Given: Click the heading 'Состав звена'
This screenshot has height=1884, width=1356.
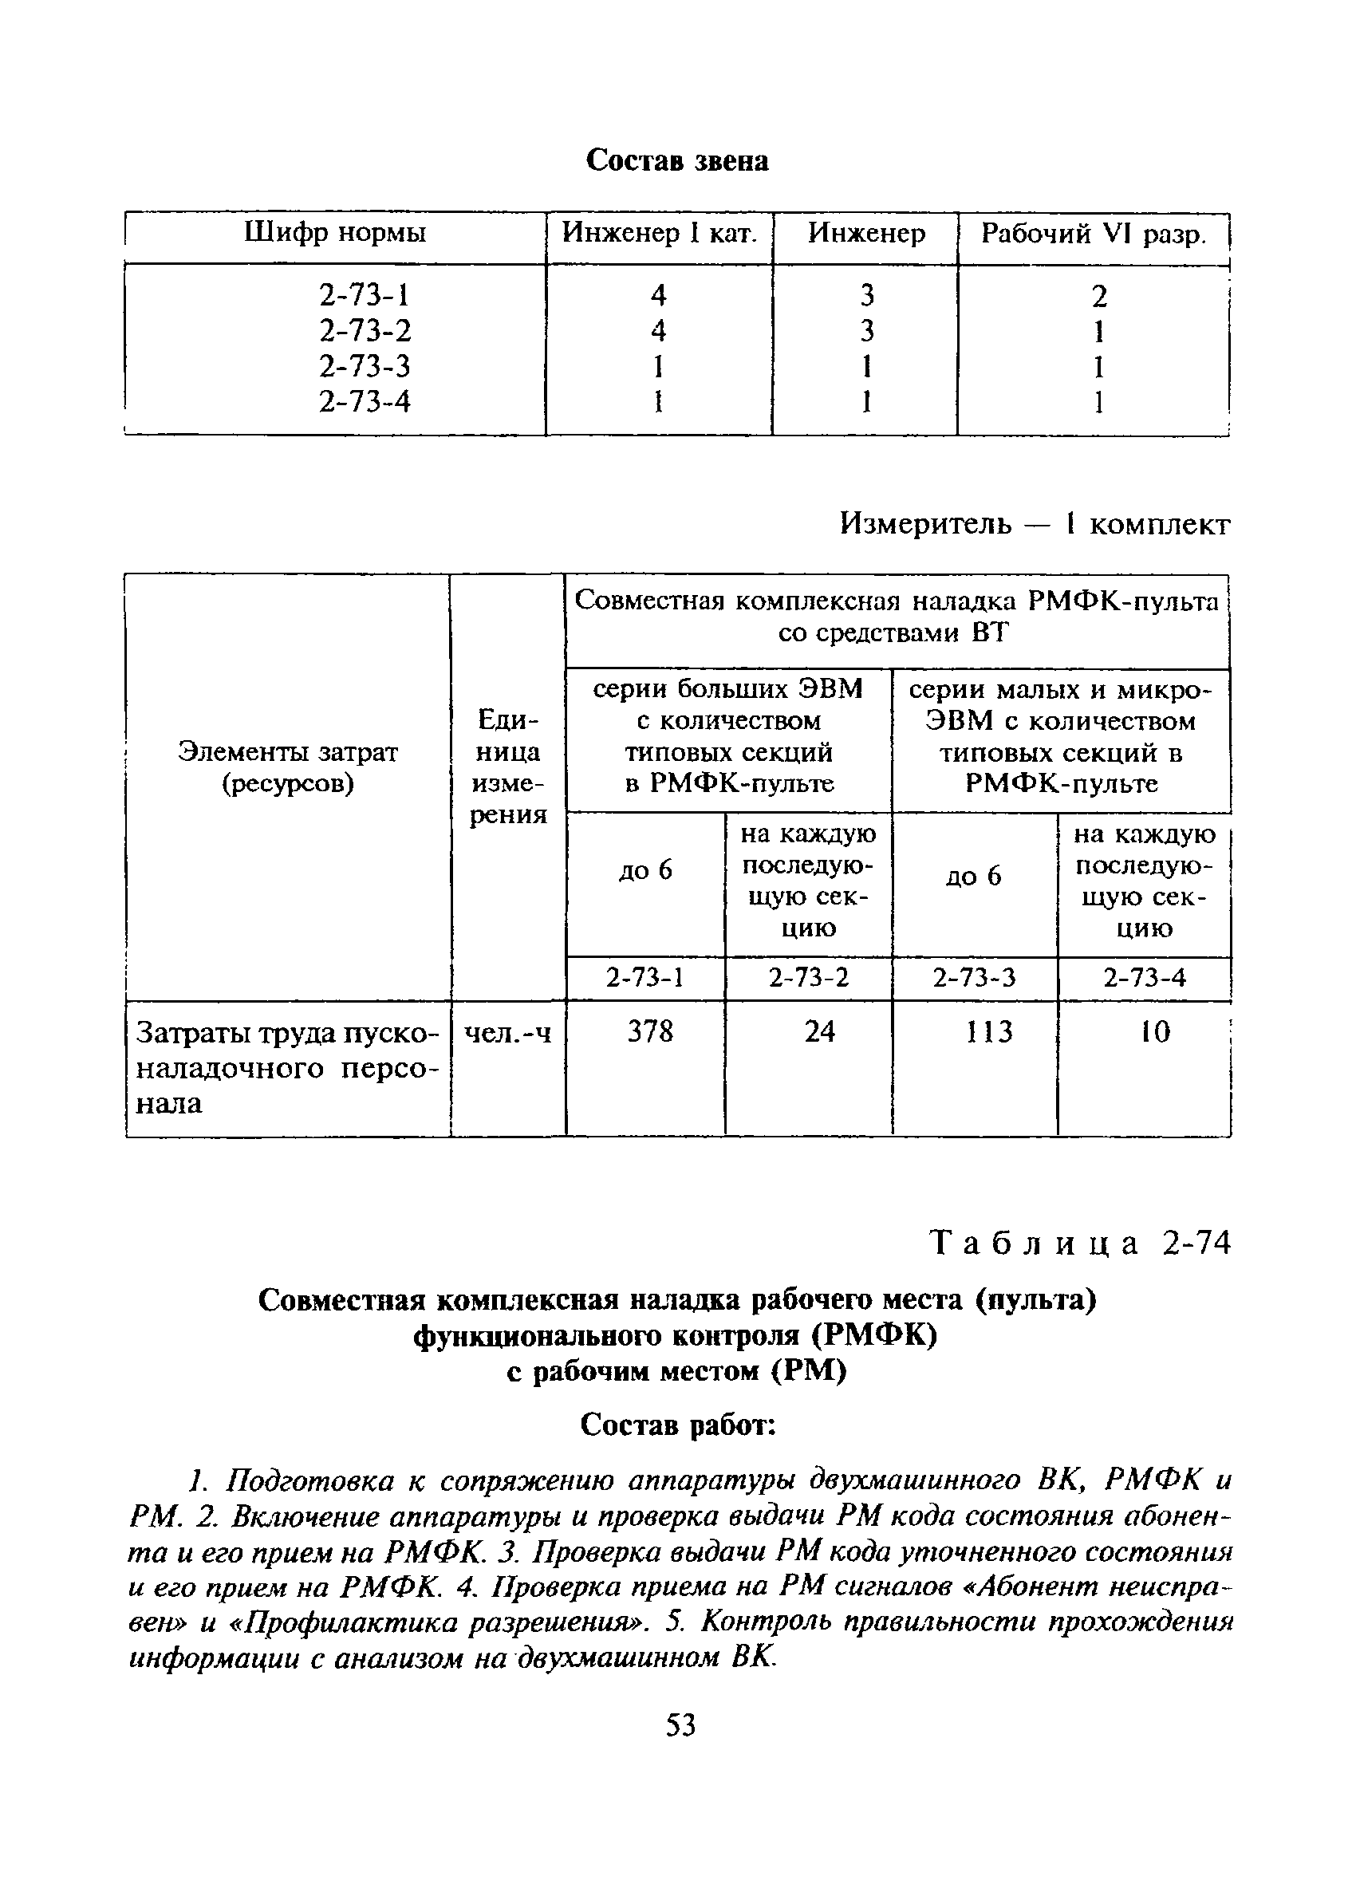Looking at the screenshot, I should pyautogui.click(x=676, y=160).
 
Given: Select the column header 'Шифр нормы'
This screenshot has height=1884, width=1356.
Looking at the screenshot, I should pyautogui.click(x=335, y=233).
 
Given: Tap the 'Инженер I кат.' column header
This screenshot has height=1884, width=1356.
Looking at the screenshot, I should pyautogui.click(x=660, y=233).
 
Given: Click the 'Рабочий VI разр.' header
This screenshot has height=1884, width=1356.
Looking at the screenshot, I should pyautogui.click(x=1093, y=234).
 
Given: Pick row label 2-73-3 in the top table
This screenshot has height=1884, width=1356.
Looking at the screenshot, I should pyautogui.click(x=365, y=365).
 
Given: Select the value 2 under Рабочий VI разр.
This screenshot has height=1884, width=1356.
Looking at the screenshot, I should pyautogui.click(x=1098, y=297).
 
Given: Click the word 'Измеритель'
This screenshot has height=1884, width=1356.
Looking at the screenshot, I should pyautogui.click(x=925, y=523).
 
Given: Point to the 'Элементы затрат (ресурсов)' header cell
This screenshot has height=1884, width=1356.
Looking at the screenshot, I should pyautogui.click(x=287, y=767).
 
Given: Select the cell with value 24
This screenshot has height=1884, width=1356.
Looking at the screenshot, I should pyautogui.click(x=819, y=1031).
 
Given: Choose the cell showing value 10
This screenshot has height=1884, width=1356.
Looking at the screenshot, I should pyautogui.click(x=1154, y=1031).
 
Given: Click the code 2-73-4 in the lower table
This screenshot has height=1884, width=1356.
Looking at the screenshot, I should pyautogui.click(x=1144, y=978).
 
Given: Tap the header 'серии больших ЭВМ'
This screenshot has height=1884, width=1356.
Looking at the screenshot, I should pyautogui.click(x=727, y=688).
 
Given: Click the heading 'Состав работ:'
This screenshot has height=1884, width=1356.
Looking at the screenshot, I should pyautogui.click(x=677, y=1425).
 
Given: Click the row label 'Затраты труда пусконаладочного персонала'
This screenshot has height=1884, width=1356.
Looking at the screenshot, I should pyautogui.click(x=286, y=1068).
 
